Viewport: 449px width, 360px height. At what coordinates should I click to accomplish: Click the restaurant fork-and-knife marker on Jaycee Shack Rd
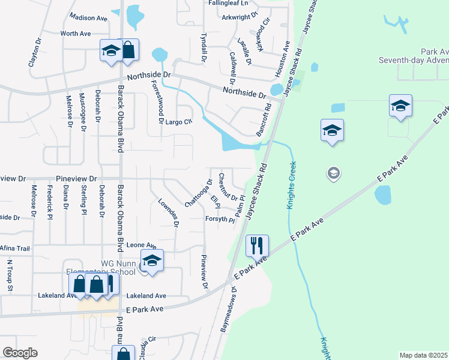point(257,245)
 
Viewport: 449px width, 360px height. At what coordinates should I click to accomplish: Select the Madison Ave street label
point(88,17)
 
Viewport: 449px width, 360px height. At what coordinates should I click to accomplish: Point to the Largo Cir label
point(179,122)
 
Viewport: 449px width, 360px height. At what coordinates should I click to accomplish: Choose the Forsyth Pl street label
point(219,220)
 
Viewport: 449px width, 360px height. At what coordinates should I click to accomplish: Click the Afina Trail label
point(15,248)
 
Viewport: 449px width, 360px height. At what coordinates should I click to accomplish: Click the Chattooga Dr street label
point(199,193)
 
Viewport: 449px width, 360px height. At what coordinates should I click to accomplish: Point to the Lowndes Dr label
point(168,213)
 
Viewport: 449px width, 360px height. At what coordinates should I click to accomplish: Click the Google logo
point(20,353)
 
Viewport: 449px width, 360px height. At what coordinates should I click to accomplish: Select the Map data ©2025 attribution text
point(423,355)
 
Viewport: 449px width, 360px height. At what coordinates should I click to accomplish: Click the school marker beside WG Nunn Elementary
point(152,261)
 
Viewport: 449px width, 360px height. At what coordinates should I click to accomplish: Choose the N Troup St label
point(10,275)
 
